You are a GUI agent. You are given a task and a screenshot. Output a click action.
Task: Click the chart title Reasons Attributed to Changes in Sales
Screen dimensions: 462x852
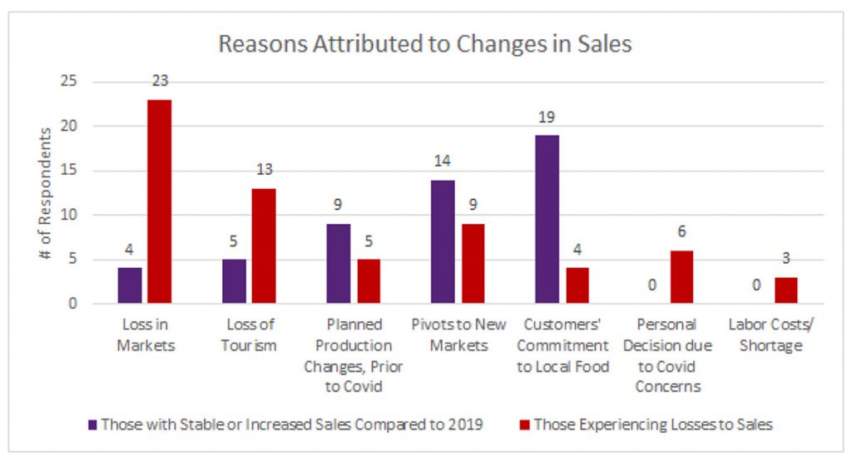click(425, 44)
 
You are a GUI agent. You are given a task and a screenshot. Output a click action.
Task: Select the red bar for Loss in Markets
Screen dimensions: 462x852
click(160, 201)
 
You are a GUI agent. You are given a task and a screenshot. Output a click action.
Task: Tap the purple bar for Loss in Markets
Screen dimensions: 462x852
click(131, 286)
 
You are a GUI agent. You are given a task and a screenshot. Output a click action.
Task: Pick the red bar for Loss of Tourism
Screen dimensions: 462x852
click(264, 246)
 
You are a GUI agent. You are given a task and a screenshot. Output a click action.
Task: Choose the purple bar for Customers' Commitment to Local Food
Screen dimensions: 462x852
click(547, 219)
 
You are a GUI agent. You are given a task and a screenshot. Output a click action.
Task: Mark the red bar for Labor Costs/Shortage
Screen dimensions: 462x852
click(785, 290)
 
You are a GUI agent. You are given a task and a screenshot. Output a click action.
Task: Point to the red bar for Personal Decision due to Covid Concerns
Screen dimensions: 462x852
click(681, 276)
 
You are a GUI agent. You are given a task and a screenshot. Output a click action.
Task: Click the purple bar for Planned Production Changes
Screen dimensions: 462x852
click(339, 263)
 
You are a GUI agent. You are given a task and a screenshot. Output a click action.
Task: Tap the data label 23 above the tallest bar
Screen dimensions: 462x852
click(160, 82)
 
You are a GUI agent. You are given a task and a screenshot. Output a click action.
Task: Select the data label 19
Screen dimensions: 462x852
click(547, 117)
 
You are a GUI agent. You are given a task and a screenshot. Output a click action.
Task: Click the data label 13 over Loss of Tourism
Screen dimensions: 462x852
click(264, 171)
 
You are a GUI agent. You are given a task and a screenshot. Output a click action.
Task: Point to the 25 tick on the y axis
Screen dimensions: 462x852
click(69, 82)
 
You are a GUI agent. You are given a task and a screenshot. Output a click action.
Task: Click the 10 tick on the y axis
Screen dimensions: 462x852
click(69, 215)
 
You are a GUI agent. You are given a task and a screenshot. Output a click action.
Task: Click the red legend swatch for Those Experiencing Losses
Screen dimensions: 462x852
click(523, 425)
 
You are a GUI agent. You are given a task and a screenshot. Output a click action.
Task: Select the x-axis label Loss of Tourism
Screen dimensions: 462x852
click(250, 334)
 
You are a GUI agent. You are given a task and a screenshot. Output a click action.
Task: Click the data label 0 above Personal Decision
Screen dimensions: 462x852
click(652, 286)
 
